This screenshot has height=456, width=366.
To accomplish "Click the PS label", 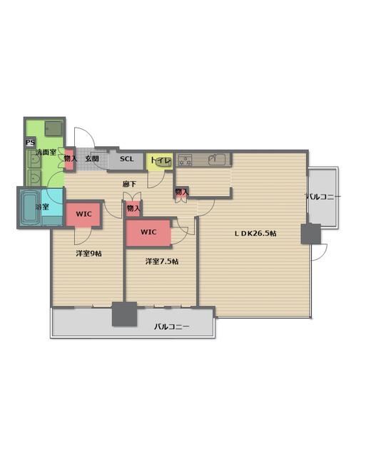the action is pyautogui.click(x=30, y=142).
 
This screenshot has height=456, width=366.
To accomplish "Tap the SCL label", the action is pyautogui.click(x=127, y=159).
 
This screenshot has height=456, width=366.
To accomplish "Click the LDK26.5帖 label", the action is pyautogui.click(x=255, y=233).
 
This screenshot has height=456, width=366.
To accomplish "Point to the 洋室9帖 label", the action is pyautogui.click(x=88, y=254).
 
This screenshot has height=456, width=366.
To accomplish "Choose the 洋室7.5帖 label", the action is pyautogui.click(x=162, y=261).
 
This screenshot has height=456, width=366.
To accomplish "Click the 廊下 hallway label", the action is pyautogui.click(x=130, y=184).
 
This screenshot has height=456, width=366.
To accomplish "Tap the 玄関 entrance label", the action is pyautogui.click(x=92, y=159).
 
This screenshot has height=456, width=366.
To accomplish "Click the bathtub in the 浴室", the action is pyautogui.click(x=29, y=207).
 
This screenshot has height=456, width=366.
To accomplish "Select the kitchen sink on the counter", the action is pyautogui.click(x=217, y=159).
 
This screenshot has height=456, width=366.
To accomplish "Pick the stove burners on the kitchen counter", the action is pyautogui.click(x=185, y=160).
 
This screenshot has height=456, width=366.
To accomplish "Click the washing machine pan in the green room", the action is pyautogui.click(x=54, y=128).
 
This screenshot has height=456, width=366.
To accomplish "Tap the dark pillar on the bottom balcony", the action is pyautogui.click(x=125, y=314).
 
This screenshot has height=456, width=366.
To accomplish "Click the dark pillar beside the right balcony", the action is pyautogui.click(x=310, y=234).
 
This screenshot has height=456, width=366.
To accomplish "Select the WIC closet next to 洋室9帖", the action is pyautogui.click(x=83, y=214).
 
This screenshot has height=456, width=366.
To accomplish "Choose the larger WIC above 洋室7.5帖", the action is pyautogui.click(x=148, y=233).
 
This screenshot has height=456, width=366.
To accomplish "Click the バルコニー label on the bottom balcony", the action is pyautogui.click(x=171, y=326).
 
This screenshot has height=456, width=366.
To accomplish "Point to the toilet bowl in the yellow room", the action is pyautogui.click(x=163, y=162).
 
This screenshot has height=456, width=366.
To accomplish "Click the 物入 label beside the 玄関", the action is pyautogui.click(x=71, y=158).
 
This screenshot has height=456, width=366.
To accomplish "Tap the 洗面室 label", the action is pyautogui.click(x=46, y=152).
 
